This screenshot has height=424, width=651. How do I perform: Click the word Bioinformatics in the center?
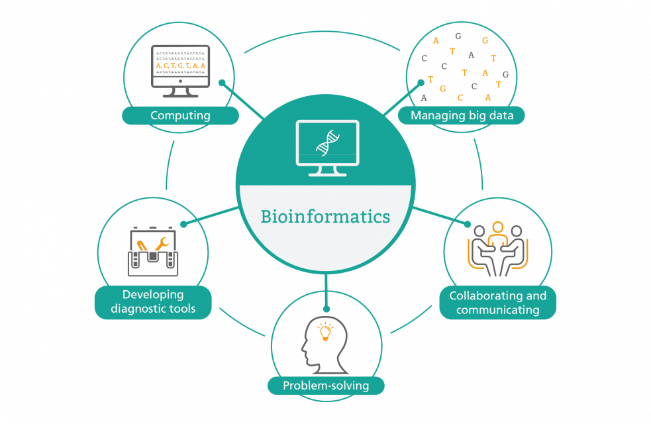[325, 217]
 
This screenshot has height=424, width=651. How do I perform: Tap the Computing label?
[180, 116]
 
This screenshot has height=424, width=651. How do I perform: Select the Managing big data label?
[460, 116]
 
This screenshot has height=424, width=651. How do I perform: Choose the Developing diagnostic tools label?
[153, 301]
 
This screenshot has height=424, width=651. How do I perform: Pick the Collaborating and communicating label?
[497, 302]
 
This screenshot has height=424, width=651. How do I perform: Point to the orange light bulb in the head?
[325, 331]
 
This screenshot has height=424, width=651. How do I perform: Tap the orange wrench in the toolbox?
[162, 244]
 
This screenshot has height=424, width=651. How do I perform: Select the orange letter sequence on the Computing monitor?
[180, 66]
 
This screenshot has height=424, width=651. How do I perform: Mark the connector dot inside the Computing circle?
[223, 83]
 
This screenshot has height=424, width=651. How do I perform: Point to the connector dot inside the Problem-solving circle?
[325, 308]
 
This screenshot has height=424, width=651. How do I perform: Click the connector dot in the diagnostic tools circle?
[183, 224]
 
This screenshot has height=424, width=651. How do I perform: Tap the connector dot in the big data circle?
[421, 83]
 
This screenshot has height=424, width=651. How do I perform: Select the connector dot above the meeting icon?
[468, 224]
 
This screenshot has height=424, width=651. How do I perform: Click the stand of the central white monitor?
[327, 170]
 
